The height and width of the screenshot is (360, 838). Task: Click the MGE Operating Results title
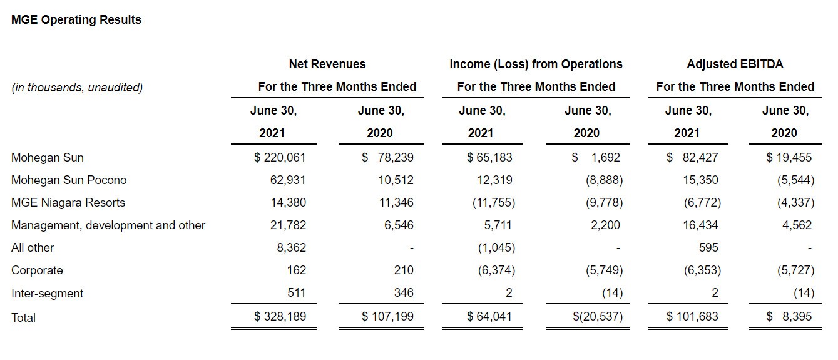(x=76, y=20)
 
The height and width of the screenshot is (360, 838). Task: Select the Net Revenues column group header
(x=327, y=64)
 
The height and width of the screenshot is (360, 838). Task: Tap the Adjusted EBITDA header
(x=735, y=64)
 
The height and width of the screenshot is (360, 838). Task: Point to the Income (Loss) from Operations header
(x=536, y=64)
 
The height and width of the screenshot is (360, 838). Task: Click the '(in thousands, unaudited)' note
(x=77, y=88)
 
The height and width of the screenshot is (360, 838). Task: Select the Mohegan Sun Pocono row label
(x=69, y=180)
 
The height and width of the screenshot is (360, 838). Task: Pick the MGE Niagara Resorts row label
(x=68, y=203)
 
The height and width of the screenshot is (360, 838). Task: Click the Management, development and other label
(x=108, y=225)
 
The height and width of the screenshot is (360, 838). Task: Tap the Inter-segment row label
(x=47, y=294)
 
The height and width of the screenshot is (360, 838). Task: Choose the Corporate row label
(x=37, y=270)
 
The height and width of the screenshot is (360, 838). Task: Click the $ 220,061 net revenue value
(x=280, y=158)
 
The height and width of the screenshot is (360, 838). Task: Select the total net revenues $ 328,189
(x=280, y=317)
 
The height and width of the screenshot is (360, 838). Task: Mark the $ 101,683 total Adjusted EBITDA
(x=692, y=317)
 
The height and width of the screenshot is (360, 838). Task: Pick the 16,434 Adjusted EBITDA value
(x=700, y=225)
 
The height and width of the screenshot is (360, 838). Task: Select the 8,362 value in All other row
(x=292, y=248)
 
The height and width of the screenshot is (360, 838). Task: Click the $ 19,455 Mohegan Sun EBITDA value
(x=790, y=158)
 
